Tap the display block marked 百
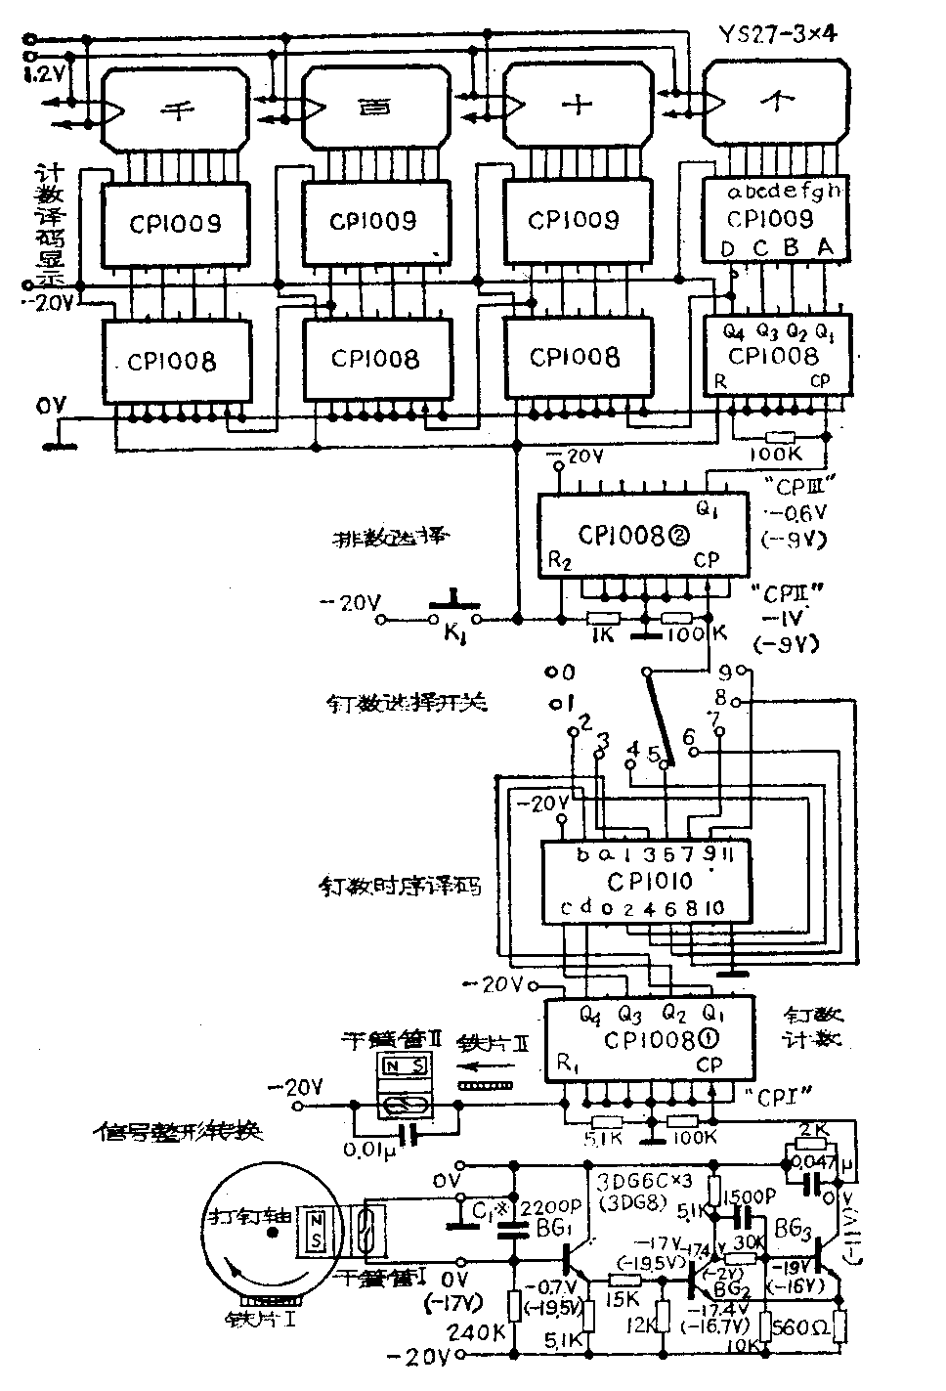(x=375, y=109)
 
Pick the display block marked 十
(x=576, y=107)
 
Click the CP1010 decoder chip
(x=647, y=881)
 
